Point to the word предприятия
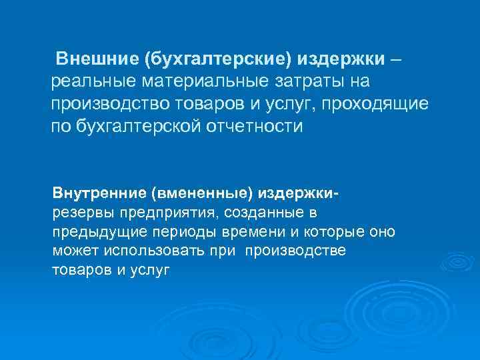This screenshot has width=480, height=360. [169, 213]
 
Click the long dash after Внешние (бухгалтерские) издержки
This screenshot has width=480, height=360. [396, 59]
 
